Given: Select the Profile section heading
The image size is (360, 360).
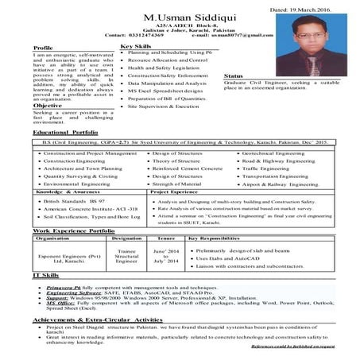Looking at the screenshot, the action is (44, 49).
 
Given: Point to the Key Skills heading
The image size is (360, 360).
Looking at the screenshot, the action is (136, 47).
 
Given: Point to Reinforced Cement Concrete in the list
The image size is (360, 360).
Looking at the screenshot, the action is (186, 169).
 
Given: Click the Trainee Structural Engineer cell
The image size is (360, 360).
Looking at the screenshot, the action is (127, 257).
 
